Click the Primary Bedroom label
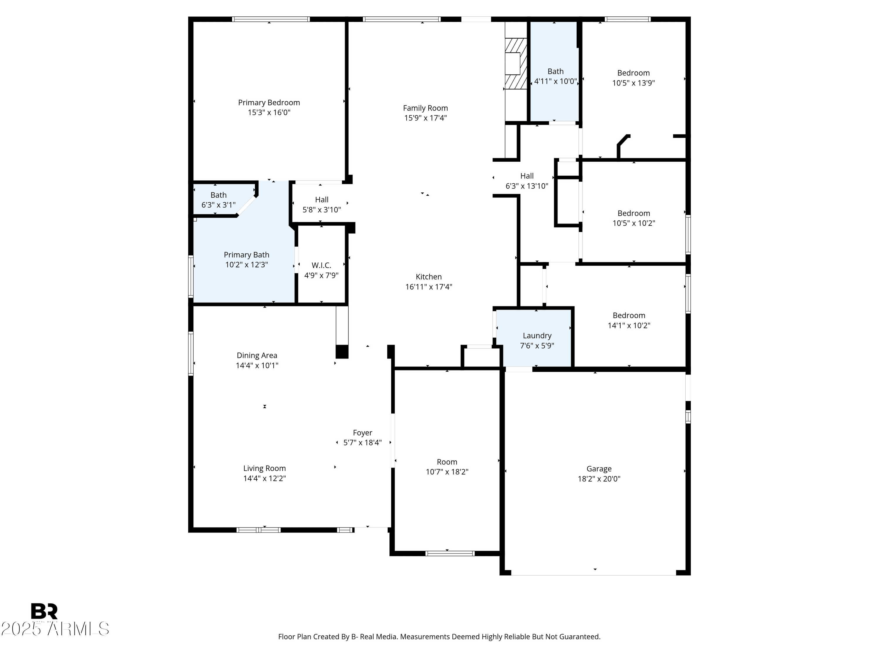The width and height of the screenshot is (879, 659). pyautogui.click(x=269, y=103)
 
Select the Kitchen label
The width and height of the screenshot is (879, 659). pyautogui.click(x=429, y=277)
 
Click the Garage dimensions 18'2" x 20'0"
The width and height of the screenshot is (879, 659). pyautogui.click(x=599, y=479)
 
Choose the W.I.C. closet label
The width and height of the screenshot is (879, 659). pyautogui.click(x=321, y=265)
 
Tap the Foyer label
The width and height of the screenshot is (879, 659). pyautogui.click(x=362, y=433)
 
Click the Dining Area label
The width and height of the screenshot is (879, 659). pyautogui.click(x=257, y=356)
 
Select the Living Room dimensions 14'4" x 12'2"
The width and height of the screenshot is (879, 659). pyautogui.click(x=265, y=478)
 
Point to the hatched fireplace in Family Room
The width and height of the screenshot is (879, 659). pyautogui.click(x=516, y=64)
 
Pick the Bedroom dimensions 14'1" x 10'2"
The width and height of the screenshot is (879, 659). pyautogui.click(x=629, y=325)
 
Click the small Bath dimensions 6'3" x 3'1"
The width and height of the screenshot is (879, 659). pyautogui.click(x=219, y=205)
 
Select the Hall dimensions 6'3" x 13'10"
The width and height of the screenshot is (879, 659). pyautogui.click(x=527, y=186)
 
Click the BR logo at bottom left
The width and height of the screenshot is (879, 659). pyautogui.click(x=44, y=611)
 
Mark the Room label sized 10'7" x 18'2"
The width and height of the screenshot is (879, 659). pyautogui.click(x=447, y=462)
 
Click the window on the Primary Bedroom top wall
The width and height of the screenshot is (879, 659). pyautogui.click(x=271, y=19)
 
